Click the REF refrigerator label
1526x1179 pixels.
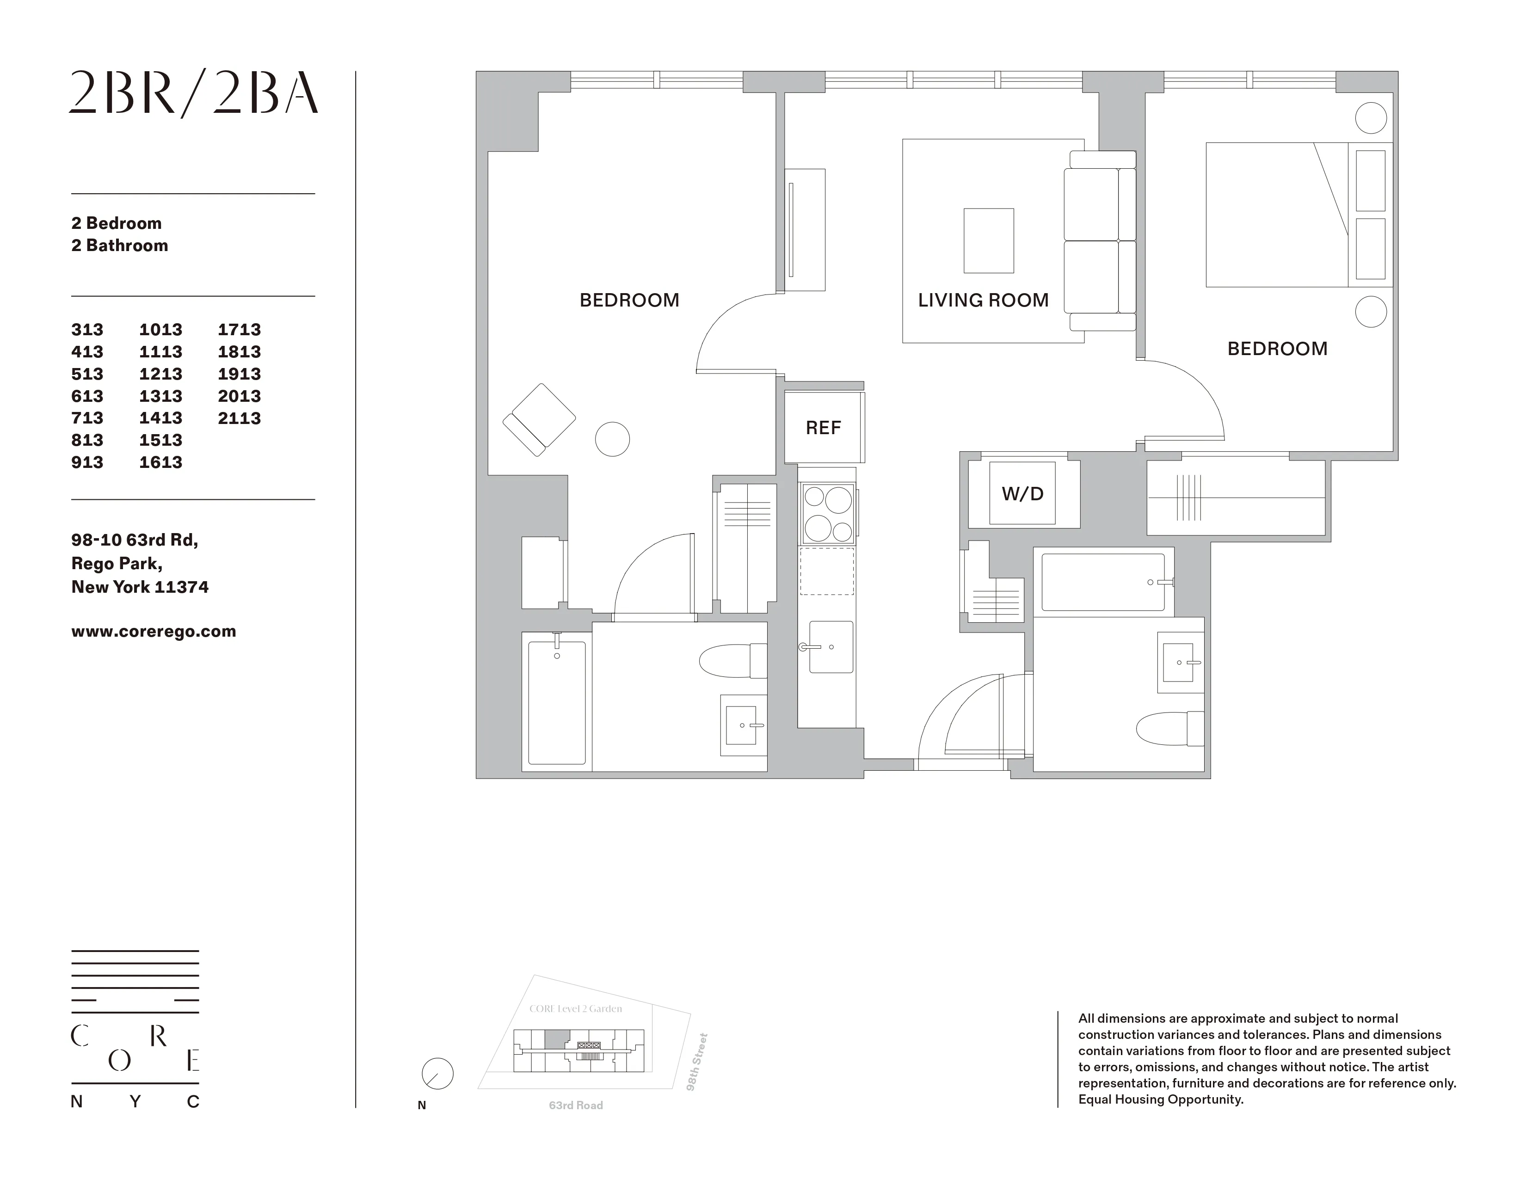pyautogui.click(x=823, y=428)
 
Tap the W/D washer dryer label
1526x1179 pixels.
pyautogui.click(x=1022, y=494)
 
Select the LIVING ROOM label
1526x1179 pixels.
pyautogui.click(x=983, y=301)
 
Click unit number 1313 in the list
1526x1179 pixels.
pyautogui.click(x=161, y=396)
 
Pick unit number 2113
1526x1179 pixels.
pyautogui.click(x=239, y=418)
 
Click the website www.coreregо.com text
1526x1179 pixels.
pyautogui.click(x=154, y=632)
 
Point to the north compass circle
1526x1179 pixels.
pyautogui.click(x=437, y=1074)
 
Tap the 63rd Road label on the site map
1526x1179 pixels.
pyautogui.click(x=576, y=1105)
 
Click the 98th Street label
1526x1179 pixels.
pyautogui.click(x=696, y=1062)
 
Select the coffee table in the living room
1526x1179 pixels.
pyautogui.click(x=989, y=240)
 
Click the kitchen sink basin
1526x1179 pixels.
pyautogui.click(x=831, y=647)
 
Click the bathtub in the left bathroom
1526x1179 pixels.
pyautogui.click(x=557, y=702)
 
